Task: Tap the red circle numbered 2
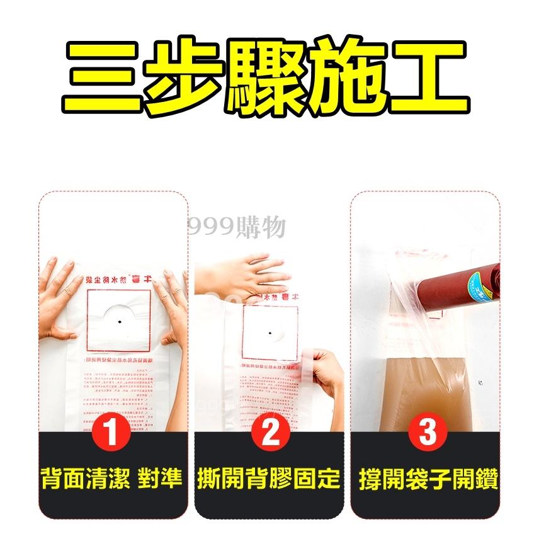tap(269, 434)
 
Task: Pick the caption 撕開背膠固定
tap(269, 479)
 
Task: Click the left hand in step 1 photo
tap(60, 296)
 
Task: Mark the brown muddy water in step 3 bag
tap(409, 390)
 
